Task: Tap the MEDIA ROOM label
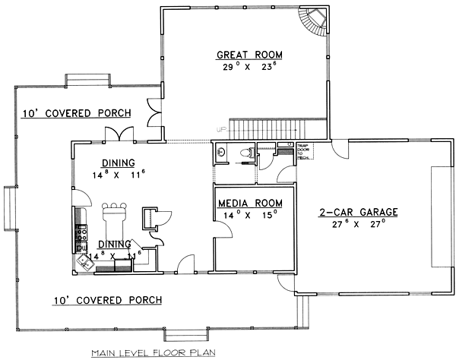(250, 203)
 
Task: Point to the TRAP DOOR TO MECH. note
(303, 151)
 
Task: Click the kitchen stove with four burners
(81, 224)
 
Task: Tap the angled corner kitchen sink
(82, 259)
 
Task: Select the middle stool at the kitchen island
(116, 206)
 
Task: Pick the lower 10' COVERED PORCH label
(107, 300)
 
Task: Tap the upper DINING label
(118, 162)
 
